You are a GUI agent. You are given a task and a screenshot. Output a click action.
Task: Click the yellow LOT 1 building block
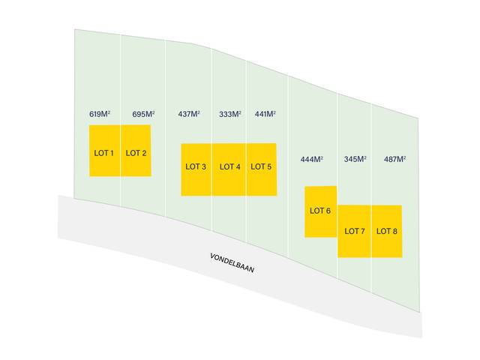(105, 151)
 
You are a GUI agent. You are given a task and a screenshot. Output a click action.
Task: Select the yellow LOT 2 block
(136, 151)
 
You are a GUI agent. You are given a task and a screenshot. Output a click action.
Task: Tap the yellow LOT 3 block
(196, 169)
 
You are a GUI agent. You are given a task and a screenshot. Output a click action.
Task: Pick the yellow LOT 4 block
(229, 169)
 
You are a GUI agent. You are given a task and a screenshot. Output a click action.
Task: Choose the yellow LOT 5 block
(262, 169)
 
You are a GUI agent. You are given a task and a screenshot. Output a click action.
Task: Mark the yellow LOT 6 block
(321, 211)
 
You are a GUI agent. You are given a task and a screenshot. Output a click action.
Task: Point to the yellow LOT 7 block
(355, 232)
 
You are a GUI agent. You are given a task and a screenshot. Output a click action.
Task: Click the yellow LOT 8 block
(387, 232)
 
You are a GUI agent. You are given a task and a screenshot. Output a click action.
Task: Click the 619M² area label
(100, 114)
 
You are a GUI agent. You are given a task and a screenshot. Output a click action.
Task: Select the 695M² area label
(143, 114)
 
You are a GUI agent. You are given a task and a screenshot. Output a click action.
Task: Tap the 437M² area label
(189, 114)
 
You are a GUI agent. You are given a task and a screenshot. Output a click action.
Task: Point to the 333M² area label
(230, 114)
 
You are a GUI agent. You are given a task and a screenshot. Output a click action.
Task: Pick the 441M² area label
(265, 114)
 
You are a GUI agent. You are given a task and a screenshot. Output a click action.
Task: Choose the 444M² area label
(312, 159)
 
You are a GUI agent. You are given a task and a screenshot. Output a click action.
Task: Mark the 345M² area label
(355, 159)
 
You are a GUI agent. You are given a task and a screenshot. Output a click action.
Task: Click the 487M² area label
(395, 159)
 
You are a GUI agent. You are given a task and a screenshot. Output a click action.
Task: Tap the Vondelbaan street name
(232, 263)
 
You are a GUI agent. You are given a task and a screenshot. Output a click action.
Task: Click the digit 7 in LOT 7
(362, 231)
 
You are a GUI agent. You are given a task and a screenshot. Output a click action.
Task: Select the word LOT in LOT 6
(316, 211)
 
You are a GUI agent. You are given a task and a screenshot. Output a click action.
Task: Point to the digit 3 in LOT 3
(203, 166)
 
